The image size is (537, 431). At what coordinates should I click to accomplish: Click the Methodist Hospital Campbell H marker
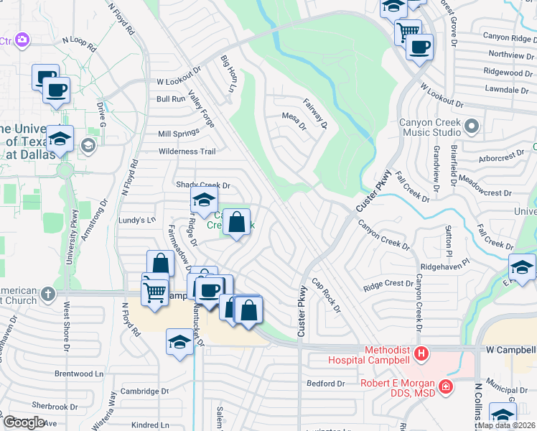(x=422, y=354)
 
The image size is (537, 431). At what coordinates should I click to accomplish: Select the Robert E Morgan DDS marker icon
(x=447, y=388)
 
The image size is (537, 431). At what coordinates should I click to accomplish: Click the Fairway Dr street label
(x=315, y=114)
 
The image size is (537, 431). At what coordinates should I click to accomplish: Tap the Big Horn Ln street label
(x=228, y=74)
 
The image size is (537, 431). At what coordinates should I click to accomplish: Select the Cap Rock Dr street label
(x=326, y=295)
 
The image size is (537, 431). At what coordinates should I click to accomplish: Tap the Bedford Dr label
(x=327, y=384)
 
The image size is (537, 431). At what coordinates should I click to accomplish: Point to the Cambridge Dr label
(x=144, y=391)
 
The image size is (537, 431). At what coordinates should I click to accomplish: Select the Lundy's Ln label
(x=136, y=220)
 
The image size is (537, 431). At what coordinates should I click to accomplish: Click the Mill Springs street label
(x=179, y=134)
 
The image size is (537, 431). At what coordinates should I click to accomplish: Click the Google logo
(x=24, y=422)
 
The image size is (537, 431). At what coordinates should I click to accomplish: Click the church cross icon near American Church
(x=47, y=293)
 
